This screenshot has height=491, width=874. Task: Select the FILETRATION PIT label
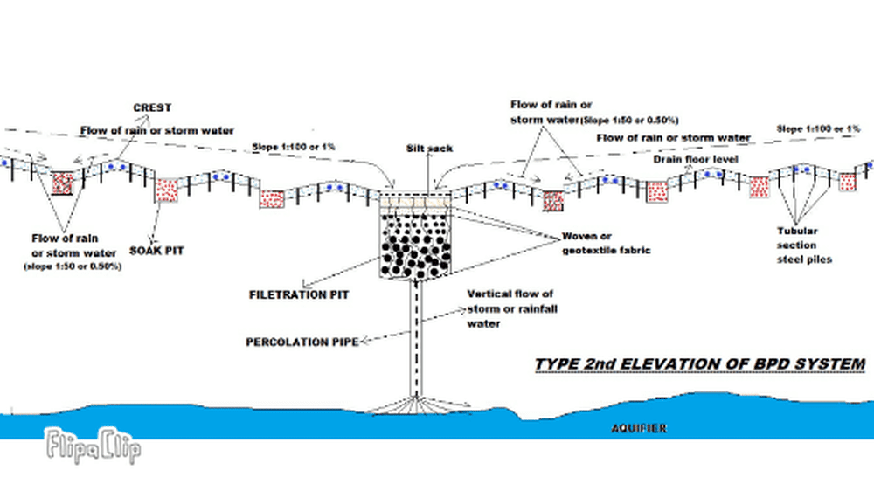298,294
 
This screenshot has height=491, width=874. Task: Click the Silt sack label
428,149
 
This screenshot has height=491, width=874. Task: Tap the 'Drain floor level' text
696,159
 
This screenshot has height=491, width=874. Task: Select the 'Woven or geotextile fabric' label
597,243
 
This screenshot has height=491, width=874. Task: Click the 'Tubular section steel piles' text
798,245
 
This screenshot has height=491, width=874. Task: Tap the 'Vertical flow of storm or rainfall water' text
510,308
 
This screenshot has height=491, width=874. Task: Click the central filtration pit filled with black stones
416,245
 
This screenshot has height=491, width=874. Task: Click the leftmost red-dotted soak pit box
63,183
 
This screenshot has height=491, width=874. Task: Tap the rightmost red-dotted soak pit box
847,182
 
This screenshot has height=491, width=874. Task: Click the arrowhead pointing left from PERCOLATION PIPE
362,342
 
